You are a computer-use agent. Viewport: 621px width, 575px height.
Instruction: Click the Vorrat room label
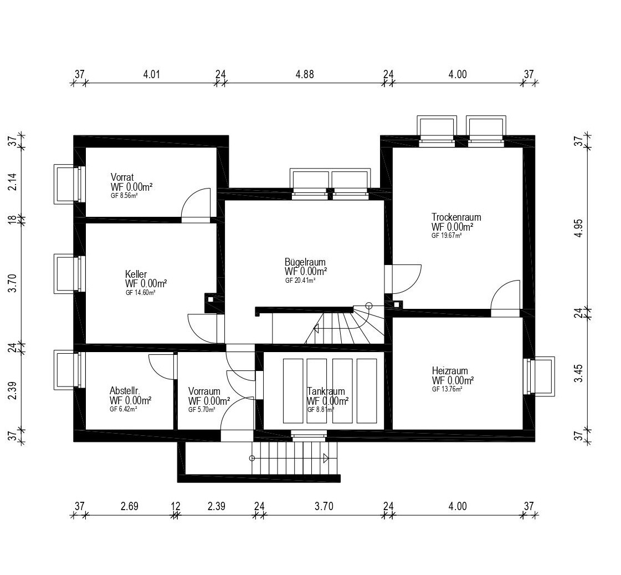pos(122,177)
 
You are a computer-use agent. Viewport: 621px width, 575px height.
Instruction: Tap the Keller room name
pos(136,274)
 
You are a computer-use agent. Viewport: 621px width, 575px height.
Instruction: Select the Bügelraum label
pos(305,262)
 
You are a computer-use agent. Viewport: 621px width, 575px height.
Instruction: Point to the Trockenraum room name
pos(456,217)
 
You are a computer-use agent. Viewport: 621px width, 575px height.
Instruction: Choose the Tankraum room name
pos(326,391)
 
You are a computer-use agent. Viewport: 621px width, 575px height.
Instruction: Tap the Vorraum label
pos(204,391)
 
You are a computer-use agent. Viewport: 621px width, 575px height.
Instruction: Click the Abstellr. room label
pos(125,390)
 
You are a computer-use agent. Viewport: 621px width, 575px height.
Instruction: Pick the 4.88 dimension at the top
pos(305,74)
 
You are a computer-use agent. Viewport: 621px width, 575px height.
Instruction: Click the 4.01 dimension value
pos(151,74)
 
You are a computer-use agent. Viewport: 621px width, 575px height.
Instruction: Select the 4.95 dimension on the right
pos(579,228)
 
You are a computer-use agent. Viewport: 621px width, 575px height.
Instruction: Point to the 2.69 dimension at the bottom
pos(130,506)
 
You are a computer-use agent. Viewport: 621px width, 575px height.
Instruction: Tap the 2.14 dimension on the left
pos(13,181)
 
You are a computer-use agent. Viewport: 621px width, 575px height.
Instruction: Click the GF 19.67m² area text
pos(446,236)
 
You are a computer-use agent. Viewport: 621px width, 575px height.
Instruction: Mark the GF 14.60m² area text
pos(140,293)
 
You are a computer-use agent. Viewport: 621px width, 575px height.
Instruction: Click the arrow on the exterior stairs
pos(326,459)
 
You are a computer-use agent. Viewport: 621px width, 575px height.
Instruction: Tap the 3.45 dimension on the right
pos(579,373)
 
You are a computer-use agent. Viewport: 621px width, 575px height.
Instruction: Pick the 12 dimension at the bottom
pos(176,506)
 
